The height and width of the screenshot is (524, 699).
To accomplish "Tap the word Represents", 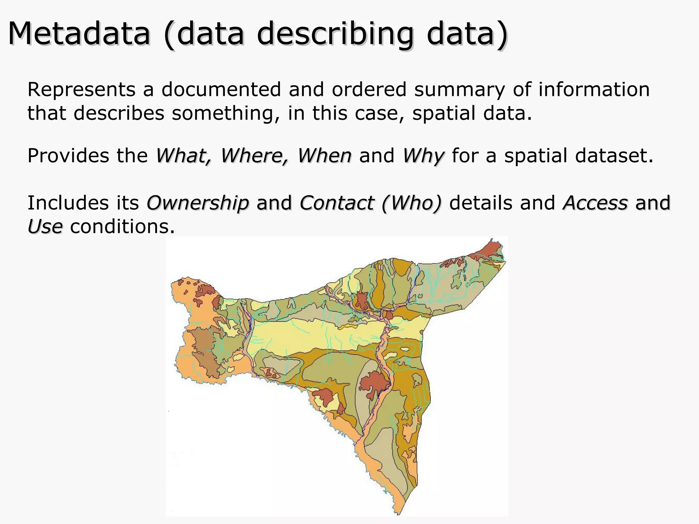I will [x=82, y=90].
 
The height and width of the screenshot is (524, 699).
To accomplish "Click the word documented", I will [x=221, y=90].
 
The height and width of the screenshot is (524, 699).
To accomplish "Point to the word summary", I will [x=459, y=90].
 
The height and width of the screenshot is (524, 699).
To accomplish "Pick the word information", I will [x=594, y=90].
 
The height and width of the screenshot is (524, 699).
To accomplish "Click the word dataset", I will [x=614, y=156].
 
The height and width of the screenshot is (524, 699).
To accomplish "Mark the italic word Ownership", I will [x=198, y=203].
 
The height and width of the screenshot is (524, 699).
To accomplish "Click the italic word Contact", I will [x=337, y=203].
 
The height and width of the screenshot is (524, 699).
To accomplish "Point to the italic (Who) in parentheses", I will [x=411, y=203].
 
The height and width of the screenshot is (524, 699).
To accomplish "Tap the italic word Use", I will [x=45, y=227].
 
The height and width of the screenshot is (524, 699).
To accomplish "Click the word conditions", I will [x=122, y=227].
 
